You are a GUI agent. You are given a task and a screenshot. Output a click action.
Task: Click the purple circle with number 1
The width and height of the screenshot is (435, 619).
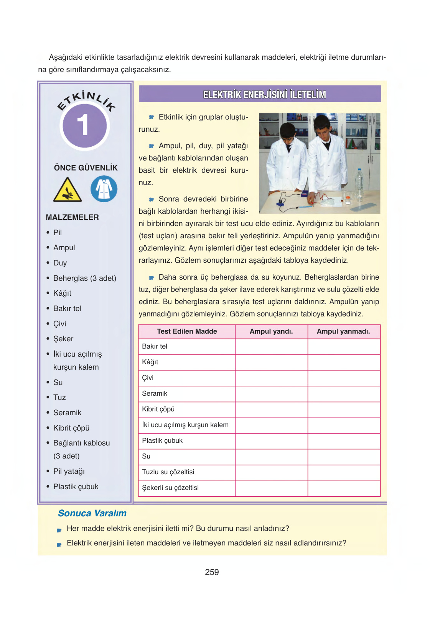click(84, 126)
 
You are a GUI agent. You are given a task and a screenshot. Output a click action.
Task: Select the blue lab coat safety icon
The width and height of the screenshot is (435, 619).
click(104, 189)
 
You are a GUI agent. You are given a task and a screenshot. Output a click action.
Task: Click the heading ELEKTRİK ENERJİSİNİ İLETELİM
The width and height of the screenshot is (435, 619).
click(264, 94)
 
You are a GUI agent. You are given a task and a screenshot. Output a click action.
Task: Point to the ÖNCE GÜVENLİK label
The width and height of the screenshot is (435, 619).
click(86, 168)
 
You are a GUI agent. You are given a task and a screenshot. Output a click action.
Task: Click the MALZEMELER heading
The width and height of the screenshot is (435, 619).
click(72, 217)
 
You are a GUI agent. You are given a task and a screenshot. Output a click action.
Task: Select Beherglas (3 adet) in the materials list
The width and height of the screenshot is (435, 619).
click(84, 278)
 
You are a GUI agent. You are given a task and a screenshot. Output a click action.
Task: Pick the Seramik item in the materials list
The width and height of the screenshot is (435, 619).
click(67, 413)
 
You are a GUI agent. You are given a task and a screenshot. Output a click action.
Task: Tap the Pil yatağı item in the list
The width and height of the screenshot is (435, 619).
click(69, 471)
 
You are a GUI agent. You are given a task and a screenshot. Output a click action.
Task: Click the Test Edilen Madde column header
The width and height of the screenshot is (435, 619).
click(187, 331)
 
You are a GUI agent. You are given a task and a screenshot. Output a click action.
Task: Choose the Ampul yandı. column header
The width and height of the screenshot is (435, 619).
click(271, 331)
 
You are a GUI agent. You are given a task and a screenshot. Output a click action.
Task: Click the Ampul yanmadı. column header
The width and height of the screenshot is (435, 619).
click(343, 331)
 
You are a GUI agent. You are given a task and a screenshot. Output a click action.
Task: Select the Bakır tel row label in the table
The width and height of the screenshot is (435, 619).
click(155, 346)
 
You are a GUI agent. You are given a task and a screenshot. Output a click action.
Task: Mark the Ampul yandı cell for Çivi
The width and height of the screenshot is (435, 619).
click(271, 378)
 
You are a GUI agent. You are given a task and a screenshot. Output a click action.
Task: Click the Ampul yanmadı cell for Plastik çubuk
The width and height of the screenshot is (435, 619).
click(344, 441)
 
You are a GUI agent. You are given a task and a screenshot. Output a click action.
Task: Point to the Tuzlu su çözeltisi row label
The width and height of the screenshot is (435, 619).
click(168, 472)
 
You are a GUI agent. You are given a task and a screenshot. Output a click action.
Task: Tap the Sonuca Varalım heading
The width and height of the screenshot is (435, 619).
click(92, 513)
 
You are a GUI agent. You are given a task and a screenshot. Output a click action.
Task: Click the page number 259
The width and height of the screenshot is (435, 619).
click(212, 572)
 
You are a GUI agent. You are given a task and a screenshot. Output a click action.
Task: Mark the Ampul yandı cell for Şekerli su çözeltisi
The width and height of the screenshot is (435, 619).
click(271, 488)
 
